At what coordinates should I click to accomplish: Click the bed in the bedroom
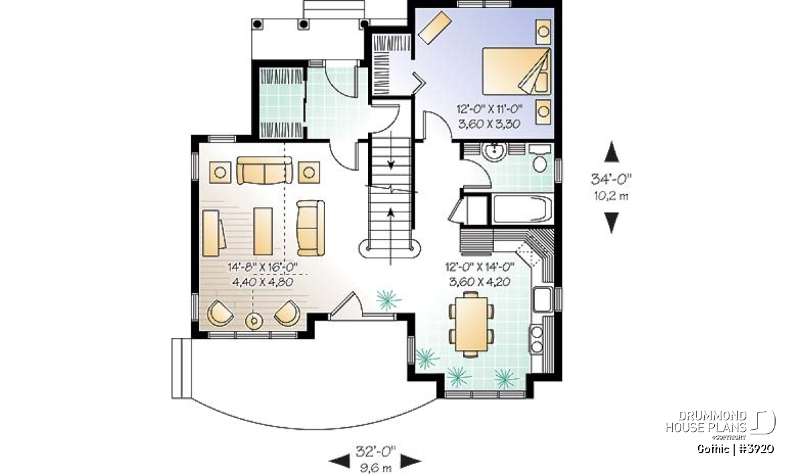coord(516,71)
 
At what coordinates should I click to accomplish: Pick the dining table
coord(470,324)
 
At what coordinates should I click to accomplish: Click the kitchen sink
coord(543,299)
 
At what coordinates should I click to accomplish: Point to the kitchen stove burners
coord(536,339)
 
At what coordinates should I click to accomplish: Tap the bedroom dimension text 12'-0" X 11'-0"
coord(489,108)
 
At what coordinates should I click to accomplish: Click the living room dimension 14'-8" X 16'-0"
coord(263,267)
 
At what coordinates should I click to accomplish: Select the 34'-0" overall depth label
coord(611,179)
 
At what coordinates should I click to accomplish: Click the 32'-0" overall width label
coord(376,451)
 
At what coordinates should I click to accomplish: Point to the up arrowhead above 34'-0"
coord(612,151)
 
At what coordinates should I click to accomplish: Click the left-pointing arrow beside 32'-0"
coord(339,461)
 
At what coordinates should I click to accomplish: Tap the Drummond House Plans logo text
coord(706,422)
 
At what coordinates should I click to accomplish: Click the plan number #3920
coord(756,449)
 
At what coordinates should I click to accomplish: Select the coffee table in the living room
coord(263,232)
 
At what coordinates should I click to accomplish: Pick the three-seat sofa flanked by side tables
coord(265,171)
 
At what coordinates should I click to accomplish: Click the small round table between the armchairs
coord(254,321)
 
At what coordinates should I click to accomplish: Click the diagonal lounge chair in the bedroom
coord(434,27)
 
